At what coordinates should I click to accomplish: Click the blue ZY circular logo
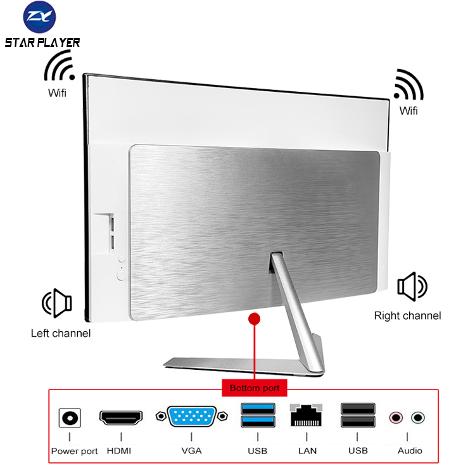[39, 16]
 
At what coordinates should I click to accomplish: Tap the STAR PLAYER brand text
[42, 42]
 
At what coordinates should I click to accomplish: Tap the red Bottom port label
[255, 388]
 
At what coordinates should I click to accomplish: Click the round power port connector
[70, 418]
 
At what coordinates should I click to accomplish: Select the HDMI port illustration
[121, 418]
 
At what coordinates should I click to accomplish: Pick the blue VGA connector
[191, 417]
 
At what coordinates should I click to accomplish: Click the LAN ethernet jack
[306, 415]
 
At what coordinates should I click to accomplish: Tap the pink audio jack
[396, 418]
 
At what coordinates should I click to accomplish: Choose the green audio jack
[418, 418]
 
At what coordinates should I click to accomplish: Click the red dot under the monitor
[254, 319]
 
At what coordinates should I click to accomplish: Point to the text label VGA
[191, 451]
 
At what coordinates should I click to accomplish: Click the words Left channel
[61, 333]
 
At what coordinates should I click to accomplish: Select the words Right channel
[407, 315]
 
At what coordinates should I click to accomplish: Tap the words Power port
[75, 451]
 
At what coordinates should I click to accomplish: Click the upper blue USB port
[258, 408]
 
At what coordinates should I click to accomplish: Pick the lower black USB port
[358, 421]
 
